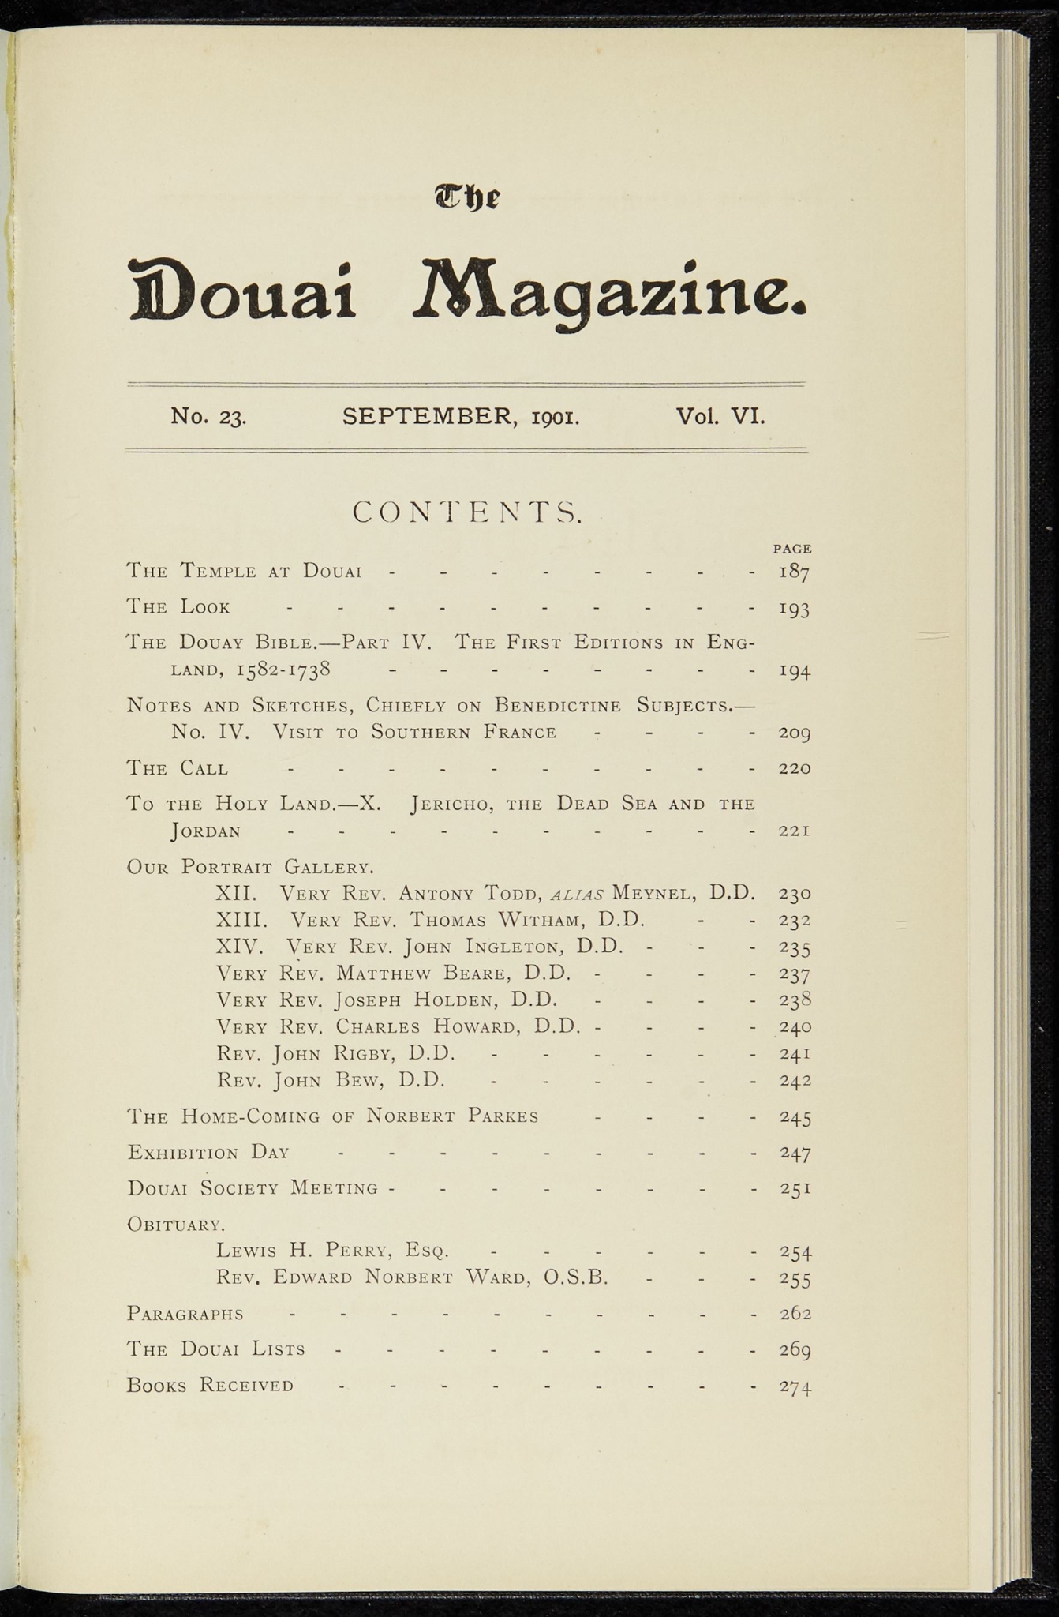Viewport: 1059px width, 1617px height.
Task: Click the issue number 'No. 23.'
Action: click(208, 416)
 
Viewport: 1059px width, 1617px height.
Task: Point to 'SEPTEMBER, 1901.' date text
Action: click(462, 416)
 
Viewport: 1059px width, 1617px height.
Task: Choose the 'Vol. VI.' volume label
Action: click(720, 415)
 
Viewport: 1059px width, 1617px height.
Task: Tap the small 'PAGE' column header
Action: click(792, 548)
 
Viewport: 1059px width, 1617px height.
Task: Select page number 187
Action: click(794, 572)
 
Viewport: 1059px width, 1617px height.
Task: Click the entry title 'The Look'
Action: click(178, 607)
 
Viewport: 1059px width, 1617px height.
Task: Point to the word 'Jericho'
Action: click(454, 805)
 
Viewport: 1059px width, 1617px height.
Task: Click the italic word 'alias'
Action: click(576, 895)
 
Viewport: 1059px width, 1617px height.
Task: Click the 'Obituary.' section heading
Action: click(176, 1225)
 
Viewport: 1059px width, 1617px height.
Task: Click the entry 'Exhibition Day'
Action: click(208, 1153)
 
